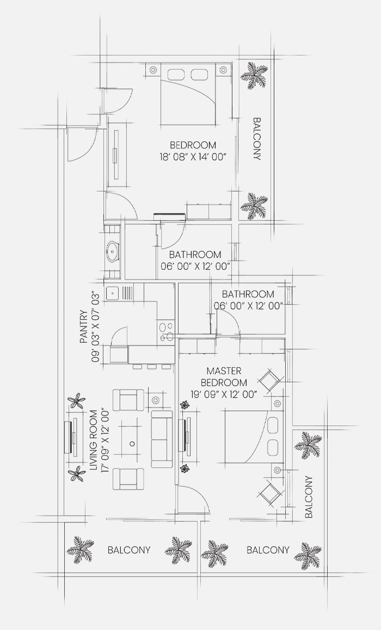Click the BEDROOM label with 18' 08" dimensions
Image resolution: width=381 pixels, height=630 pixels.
193,145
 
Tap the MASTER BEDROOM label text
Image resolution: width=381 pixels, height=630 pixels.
224,376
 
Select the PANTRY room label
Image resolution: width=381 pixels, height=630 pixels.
84,326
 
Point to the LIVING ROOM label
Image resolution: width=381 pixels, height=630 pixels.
93,440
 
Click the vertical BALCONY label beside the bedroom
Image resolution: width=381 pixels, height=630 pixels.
257,139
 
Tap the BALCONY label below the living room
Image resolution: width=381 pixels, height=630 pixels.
129,550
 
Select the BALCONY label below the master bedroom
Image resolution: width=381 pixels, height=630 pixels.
268,550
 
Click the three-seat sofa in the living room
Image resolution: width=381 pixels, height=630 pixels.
162,438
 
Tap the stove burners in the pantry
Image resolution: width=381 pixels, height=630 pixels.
167,332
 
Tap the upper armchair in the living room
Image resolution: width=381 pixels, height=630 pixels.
128,400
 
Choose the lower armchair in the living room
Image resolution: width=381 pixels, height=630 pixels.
128,479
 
